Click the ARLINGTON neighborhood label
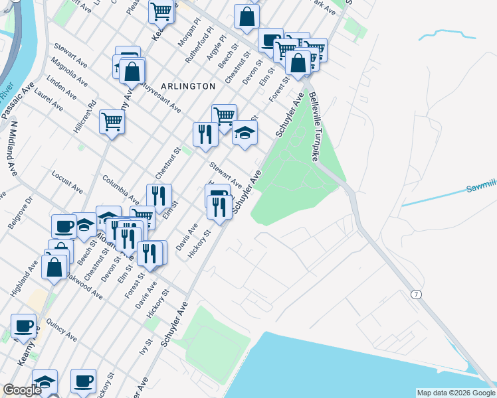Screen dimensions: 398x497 tap(187, 86)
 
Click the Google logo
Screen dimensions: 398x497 tap(21, 390)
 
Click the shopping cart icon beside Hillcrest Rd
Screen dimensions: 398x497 tap(112, 121)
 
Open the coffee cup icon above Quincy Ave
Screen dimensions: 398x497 tap(24, 326)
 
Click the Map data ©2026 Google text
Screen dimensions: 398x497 tap(456, 393)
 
